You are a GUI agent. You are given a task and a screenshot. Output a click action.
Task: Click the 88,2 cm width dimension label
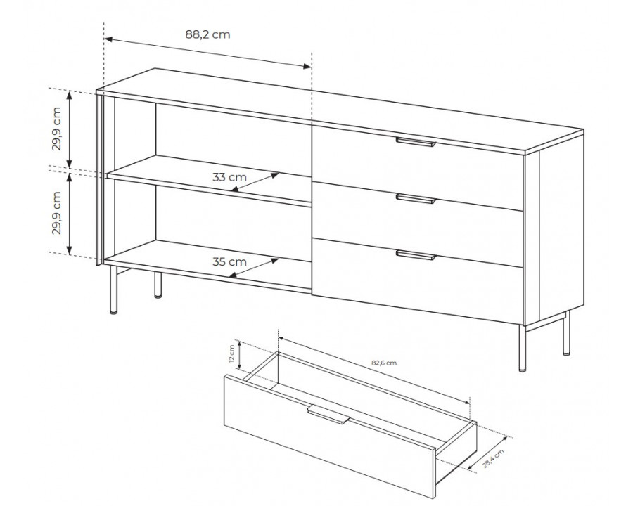pos(208,34)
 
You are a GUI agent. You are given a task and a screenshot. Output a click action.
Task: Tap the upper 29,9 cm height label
pos(56,129)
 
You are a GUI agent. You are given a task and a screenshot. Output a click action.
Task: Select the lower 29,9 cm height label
pos(56,213)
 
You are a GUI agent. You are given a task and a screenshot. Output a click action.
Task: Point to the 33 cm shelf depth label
pos(229,176)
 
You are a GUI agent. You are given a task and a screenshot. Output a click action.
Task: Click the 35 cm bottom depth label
pos(229,261)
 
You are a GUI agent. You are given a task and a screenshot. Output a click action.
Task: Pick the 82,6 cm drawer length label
pos(384,363)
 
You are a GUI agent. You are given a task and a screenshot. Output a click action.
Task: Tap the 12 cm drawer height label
pos(231,354)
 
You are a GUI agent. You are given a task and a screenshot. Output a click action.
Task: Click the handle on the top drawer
pos(416,142)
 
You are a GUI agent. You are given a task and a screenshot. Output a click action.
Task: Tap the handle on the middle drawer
pos(416,198)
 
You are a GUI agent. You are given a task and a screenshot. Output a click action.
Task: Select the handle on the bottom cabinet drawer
pos(416,254)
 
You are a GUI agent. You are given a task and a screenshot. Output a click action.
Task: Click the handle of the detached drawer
pos(328,415)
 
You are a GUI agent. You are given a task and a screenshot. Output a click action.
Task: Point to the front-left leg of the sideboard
pos(113,290)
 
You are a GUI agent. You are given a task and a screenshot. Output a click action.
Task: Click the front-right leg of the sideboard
pos(523,348)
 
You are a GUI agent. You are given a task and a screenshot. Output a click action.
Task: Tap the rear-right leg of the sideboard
pos(567,333)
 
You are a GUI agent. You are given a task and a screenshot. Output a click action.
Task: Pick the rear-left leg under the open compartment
pos(158,285)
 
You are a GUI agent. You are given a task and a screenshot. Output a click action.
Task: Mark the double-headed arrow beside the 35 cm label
pos(254,268)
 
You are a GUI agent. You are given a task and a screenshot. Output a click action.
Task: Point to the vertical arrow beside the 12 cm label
pos(239,355)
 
